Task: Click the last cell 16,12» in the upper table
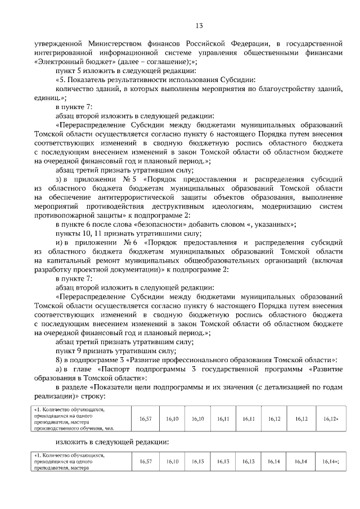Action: pos(331,419)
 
